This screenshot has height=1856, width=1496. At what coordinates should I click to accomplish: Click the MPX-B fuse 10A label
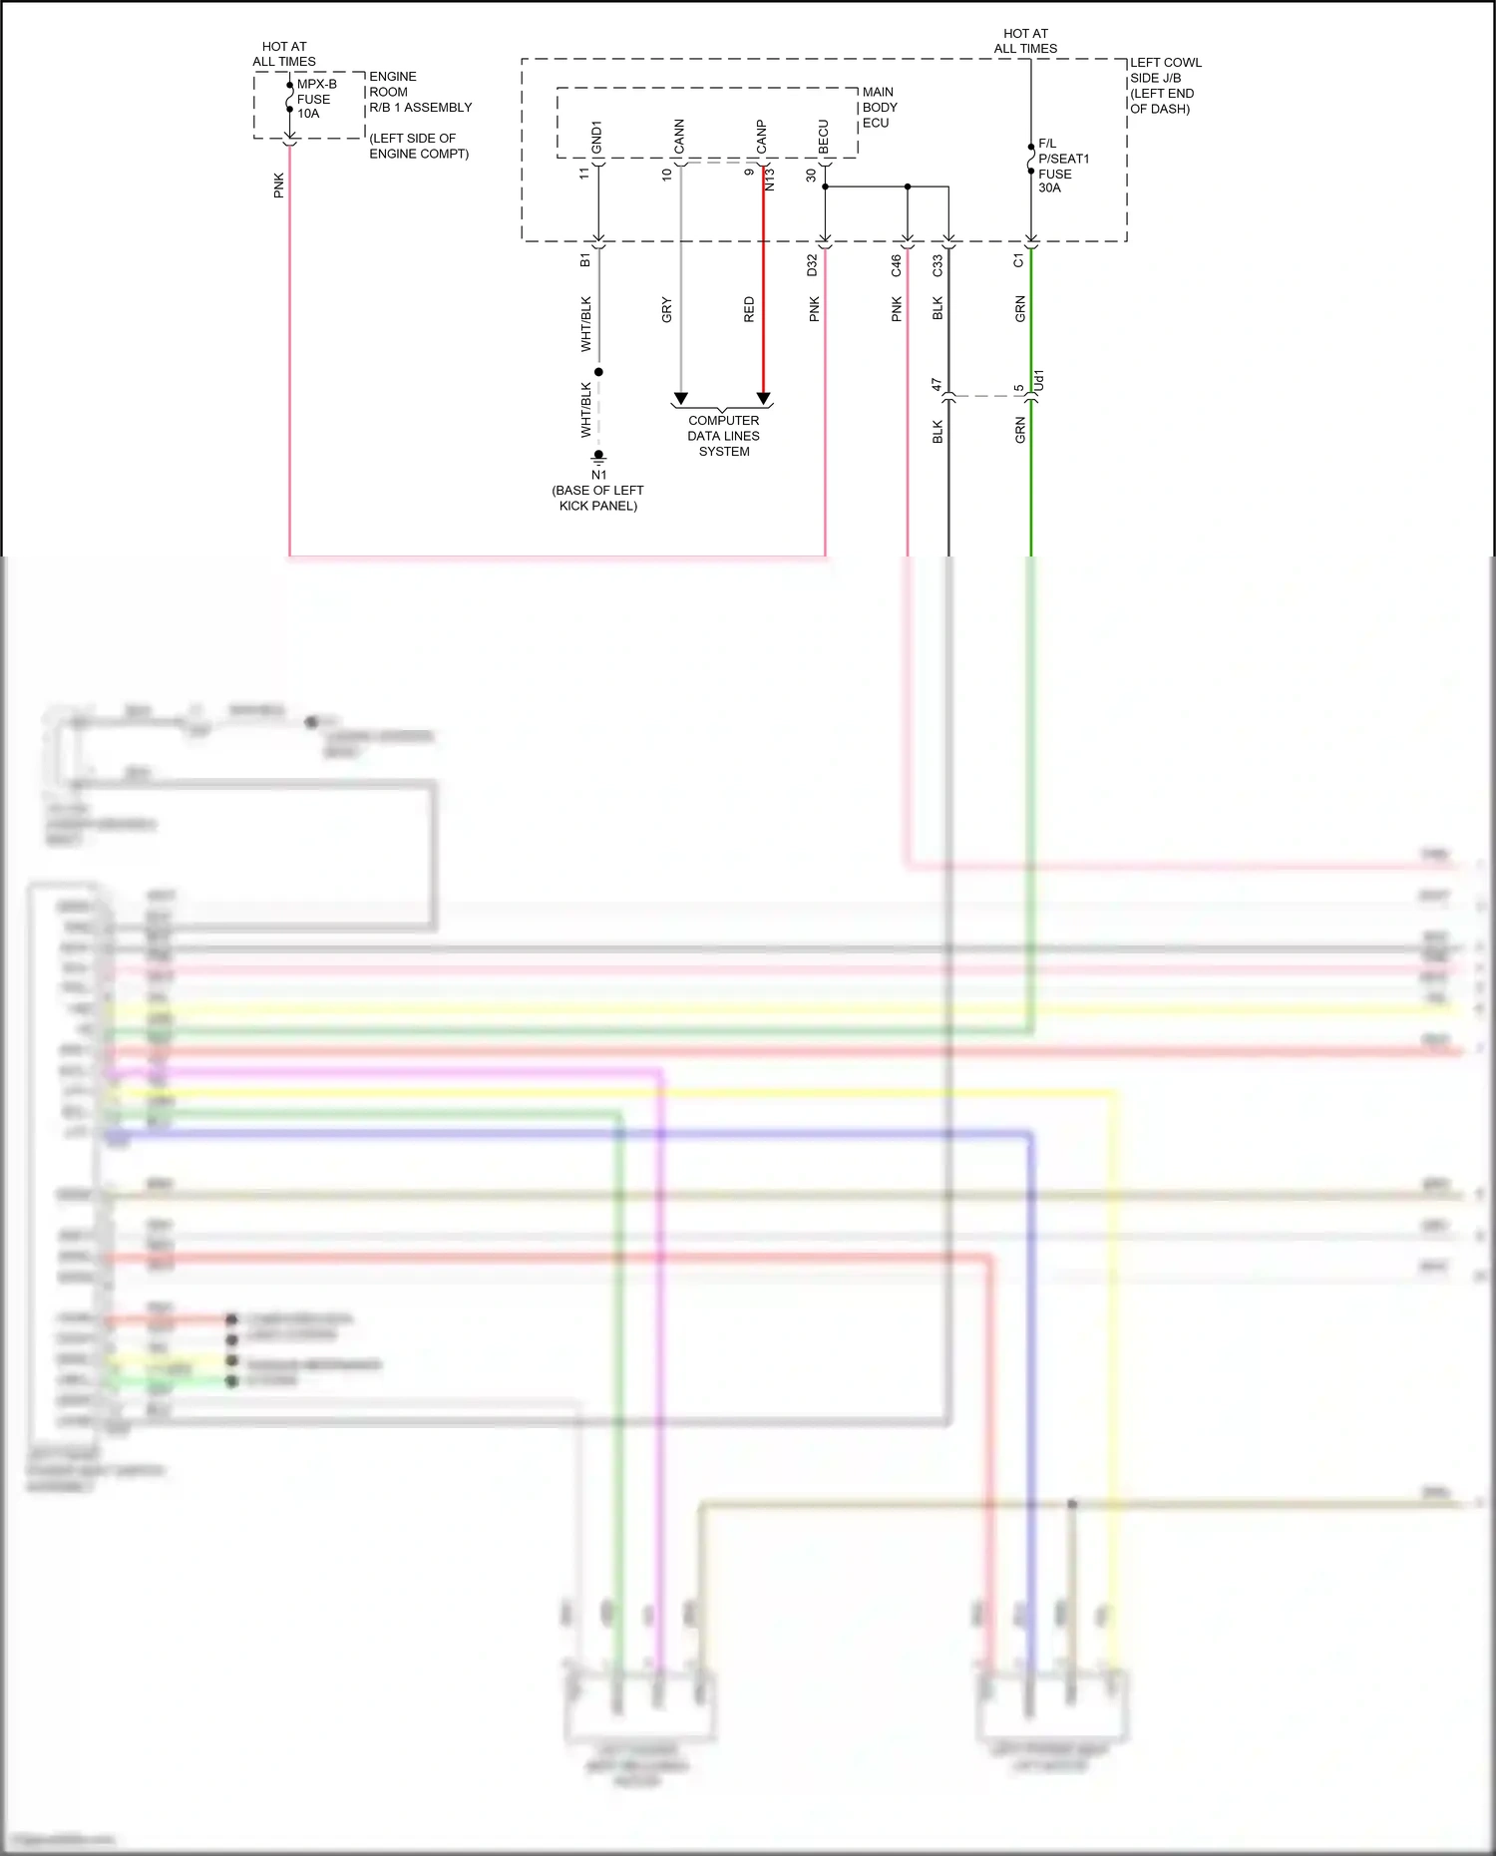pos(315,99)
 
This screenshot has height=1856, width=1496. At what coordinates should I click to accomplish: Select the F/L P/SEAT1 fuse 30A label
pos(1062,166)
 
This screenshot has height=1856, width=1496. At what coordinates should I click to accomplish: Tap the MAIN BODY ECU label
pos(879,108)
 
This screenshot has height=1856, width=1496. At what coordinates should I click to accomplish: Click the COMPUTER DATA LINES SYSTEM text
pos(723,436)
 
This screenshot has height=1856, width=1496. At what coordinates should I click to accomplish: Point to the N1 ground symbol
pos(598,457)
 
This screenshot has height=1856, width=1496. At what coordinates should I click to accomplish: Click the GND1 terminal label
pos(596,138)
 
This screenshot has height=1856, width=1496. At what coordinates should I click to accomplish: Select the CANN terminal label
pos(679,137)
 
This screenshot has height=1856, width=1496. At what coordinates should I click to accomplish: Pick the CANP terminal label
pos(762,137)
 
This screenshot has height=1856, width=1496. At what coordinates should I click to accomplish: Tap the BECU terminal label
pos(824,138)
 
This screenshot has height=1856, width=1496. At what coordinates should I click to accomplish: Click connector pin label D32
pos(812,264)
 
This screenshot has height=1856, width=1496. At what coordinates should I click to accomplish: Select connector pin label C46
pos(896,264)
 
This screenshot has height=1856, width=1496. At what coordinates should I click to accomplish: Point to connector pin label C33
pos(937,265)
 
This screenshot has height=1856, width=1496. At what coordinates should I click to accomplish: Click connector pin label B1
pos(584,259)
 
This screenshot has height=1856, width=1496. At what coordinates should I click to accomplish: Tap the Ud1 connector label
pos(1038,380)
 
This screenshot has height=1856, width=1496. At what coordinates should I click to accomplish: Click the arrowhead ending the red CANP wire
pos(763,399)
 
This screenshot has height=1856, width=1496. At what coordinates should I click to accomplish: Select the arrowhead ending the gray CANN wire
pos(680,399)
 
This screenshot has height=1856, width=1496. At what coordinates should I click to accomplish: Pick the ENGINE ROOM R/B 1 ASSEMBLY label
pos(419,92)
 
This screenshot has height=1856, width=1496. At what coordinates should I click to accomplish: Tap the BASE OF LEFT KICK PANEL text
pos(597,498)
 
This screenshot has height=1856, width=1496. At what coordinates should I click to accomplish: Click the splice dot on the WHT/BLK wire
pos(598,372)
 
